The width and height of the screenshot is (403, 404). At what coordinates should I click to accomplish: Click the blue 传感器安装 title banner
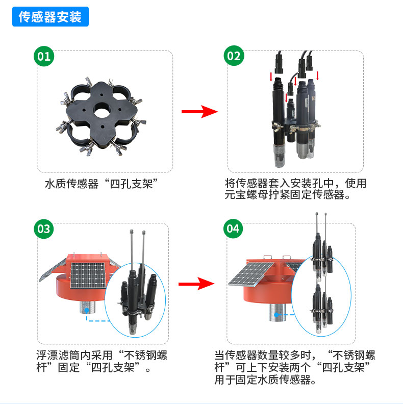point(50,17)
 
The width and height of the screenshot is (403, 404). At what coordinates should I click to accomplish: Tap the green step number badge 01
point(44,56)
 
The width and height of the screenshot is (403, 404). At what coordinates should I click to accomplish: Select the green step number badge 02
point(233,56)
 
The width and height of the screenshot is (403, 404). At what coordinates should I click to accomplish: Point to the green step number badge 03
point(44,229)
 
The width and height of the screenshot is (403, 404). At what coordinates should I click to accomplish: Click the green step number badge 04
point(233,229)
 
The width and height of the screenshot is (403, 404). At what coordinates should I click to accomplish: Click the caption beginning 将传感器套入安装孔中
point(296,189)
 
